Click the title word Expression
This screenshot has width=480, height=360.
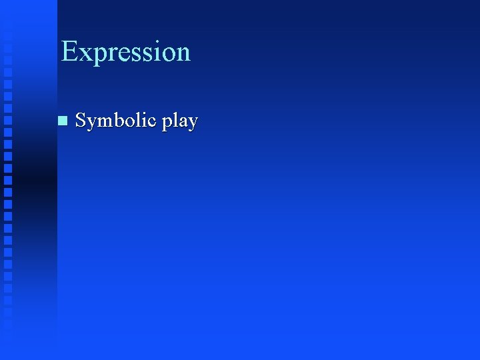point(125,52)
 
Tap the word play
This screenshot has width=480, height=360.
point(179,122)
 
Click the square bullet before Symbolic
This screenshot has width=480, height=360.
point(63,121)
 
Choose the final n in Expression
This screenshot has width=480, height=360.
point(183,53)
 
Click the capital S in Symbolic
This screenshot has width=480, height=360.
point(81,120)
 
